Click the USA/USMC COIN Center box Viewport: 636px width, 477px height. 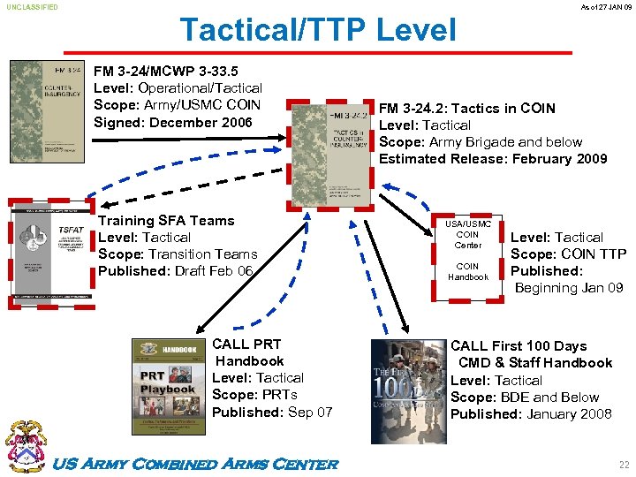click(x=467, y=251)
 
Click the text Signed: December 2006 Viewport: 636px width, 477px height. click(x=173, y=122)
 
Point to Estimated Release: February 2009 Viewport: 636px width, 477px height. click(x=493, y=159)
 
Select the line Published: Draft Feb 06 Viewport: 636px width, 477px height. click(x=176, y=271)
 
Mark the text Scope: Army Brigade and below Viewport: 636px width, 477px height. click(x=481, y=142)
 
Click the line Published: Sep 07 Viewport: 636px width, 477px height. click(x=272, y=412)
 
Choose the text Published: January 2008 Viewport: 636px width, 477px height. click(x=531, y=413)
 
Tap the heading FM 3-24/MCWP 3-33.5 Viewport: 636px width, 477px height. click(x=166, y=71)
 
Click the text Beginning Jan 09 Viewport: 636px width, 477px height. click(x=569, y=288)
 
